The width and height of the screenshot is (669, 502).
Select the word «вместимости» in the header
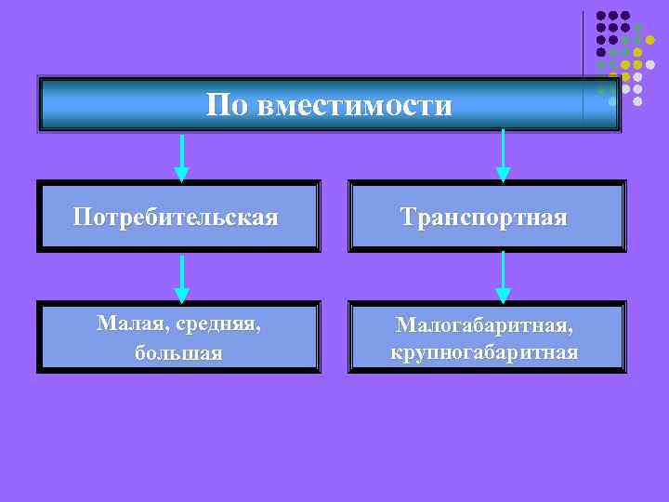tap(355, 105)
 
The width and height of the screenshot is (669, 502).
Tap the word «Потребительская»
tap(176, 218)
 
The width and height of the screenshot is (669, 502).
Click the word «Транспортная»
tap(483, 218)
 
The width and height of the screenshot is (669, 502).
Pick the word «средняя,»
tap(216, 324)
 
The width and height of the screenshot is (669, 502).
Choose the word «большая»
tap(177, 353)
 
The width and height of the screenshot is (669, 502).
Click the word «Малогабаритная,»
tap(484, 324)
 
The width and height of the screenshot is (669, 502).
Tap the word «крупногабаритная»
tap(484, 353)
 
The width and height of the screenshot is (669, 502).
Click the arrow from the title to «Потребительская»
tap(182, 153)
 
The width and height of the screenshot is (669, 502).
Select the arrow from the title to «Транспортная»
tap(503, 149)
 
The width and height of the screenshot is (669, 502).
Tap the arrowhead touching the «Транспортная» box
tap(503, 174)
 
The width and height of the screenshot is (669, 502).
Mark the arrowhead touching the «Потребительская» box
tap(182, 174)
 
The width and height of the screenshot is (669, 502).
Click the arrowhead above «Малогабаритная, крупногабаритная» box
tap(503, 296)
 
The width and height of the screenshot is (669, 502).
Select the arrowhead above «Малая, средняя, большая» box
tap(182, 296)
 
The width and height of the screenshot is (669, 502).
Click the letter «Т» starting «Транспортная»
tap(408, 218)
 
